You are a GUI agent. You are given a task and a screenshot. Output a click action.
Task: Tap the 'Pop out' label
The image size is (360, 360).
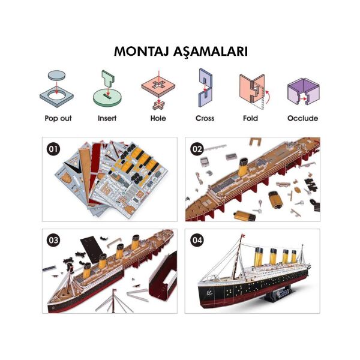coord(58,119)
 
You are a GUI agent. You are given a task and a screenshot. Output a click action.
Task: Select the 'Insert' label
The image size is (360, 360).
coord(107,119)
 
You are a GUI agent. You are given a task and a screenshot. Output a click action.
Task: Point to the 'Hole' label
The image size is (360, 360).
coord(158,119)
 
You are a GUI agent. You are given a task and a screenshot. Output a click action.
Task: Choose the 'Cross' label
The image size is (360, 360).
coord(205,119)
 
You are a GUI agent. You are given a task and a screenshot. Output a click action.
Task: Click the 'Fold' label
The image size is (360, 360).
coord(250,119)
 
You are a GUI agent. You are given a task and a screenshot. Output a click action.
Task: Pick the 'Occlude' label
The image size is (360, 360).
coord(302,119)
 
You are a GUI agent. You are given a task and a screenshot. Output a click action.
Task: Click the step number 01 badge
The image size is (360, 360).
coord(53,148)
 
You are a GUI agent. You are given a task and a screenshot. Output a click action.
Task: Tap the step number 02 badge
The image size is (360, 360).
coord(197,148)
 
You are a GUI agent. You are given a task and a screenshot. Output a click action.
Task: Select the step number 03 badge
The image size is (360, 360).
coord(53,239)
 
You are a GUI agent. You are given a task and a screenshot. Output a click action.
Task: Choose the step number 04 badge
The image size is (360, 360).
coord(197,239)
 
